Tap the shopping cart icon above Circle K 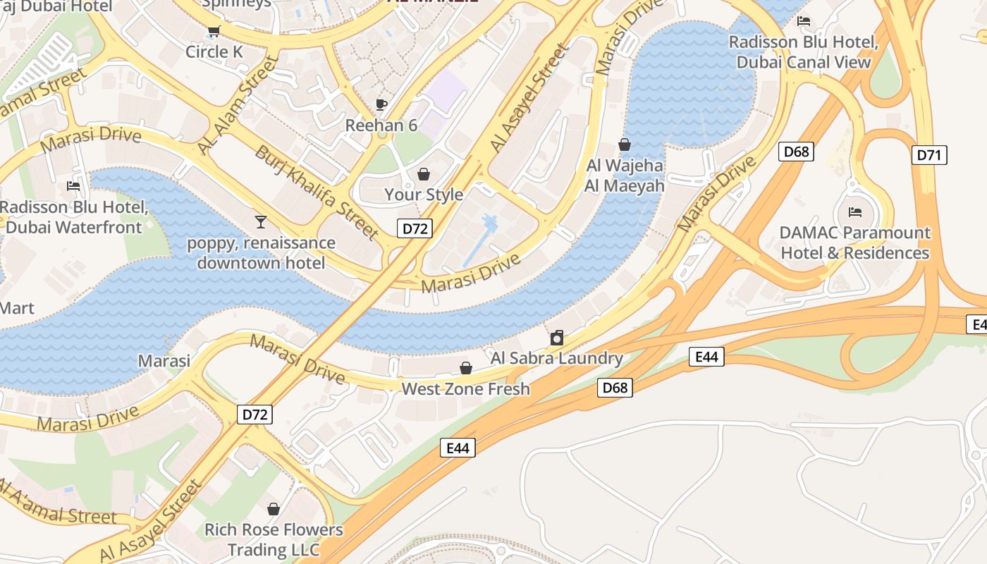(x=214, y=31)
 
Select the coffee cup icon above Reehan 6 (x=381, y=105)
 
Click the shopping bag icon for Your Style (x=424, y=173)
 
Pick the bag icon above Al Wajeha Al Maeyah (x=624, y=145)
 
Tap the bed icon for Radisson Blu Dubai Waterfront (x=73, y=186)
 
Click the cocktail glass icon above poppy (x=261, y=222)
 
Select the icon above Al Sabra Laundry (x=556, y=338)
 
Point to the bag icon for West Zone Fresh (x=465, y=368)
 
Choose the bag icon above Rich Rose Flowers (x=274, y=509)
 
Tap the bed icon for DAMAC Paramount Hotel (x=854, y=211)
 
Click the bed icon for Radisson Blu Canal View (x=803, y=21)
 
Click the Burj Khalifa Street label (x=317, y=192)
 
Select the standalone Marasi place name (x=164, y=361)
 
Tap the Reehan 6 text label (x=381, y=125)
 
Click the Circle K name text (x=214, y=51)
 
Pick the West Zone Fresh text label (x=465, y=388)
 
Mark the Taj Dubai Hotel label (x=56, y=6)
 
